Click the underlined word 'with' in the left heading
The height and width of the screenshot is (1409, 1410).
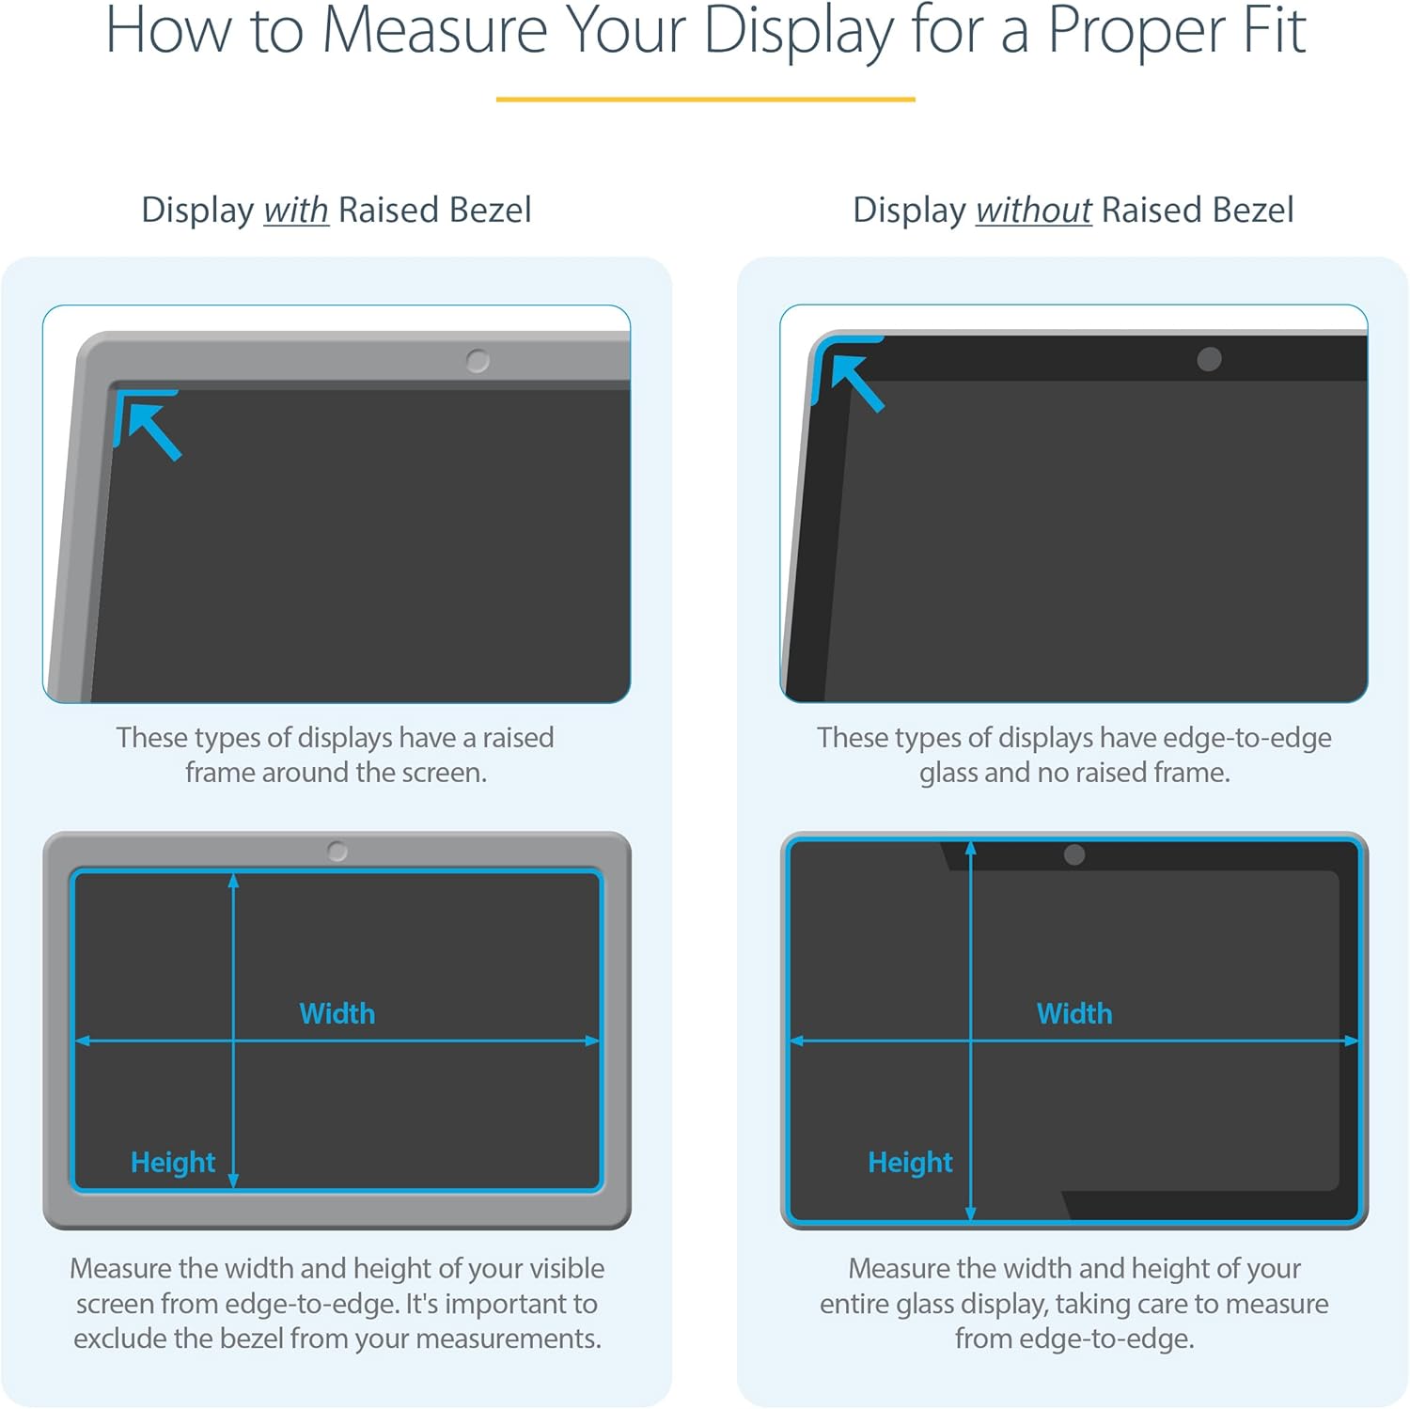(x=295, y=211)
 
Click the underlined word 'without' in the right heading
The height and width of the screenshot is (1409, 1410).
(x=1033, y=211)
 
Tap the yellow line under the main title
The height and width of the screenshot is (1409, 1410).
(x=705, y=99)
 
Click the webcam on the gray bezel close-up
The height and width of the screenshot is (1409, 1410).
(x=478, y=361)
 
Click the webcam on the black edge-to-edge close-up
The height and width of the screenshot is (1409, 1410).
(x=1209, y=359)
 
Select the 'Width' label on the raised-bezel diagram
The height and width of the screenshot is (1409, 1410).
(x=337, y=1013)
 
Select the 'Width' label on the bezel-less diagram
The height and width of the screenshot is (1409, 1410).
(x=1073, y=1013)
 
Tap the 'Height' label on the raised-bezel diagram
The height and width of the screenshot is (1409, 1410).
(x=173, y=1163)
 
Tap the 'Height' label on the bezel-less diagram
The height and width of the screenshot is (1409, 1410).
(x=910, y=1163)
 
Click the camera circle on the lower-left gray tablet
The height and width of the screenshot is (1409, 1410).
(x=337, y=852)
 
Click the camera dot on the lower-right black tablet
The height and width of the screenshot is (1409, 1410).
(x=1074, y=854)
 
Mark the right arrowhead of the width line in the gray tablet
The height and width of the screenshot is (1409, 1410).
(x=592, y=1041)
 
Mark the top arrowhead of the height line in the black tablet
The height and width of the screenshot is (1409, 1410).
(x=970, y=849)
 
